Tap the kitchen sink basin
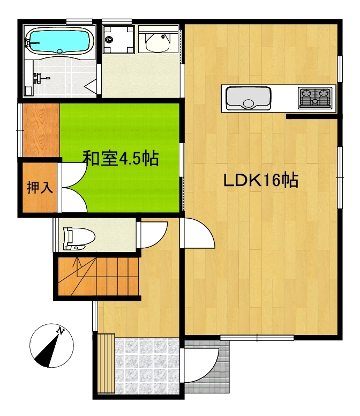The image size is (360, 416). pyautogui.click(x=248, y=98)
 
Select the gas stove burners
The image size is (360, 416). pyautogui.click(x=315, y=98)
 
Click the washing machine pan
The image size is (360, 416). pyautogui.click(x=118, y=39)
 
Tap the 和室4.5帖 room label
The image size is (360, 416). pyautogui.click(x=121, y=158)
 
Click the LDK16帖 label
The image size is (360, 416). pyautogui.click(x=261, y=180)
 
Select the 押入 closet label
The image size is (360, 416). pyautogui.click(x=40, y=188)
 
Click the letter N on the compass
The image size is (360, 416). pyautogui.click(x=61, y=331)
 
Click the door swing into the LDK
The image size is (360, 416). pyautogui.click(x=199, y=233)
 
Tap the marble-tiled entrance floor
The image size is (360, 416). pyautogui.click(x=147, y=366)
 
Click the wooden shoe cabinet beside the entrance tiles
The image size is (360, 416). pyautogui.click(x=106, y=363)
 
